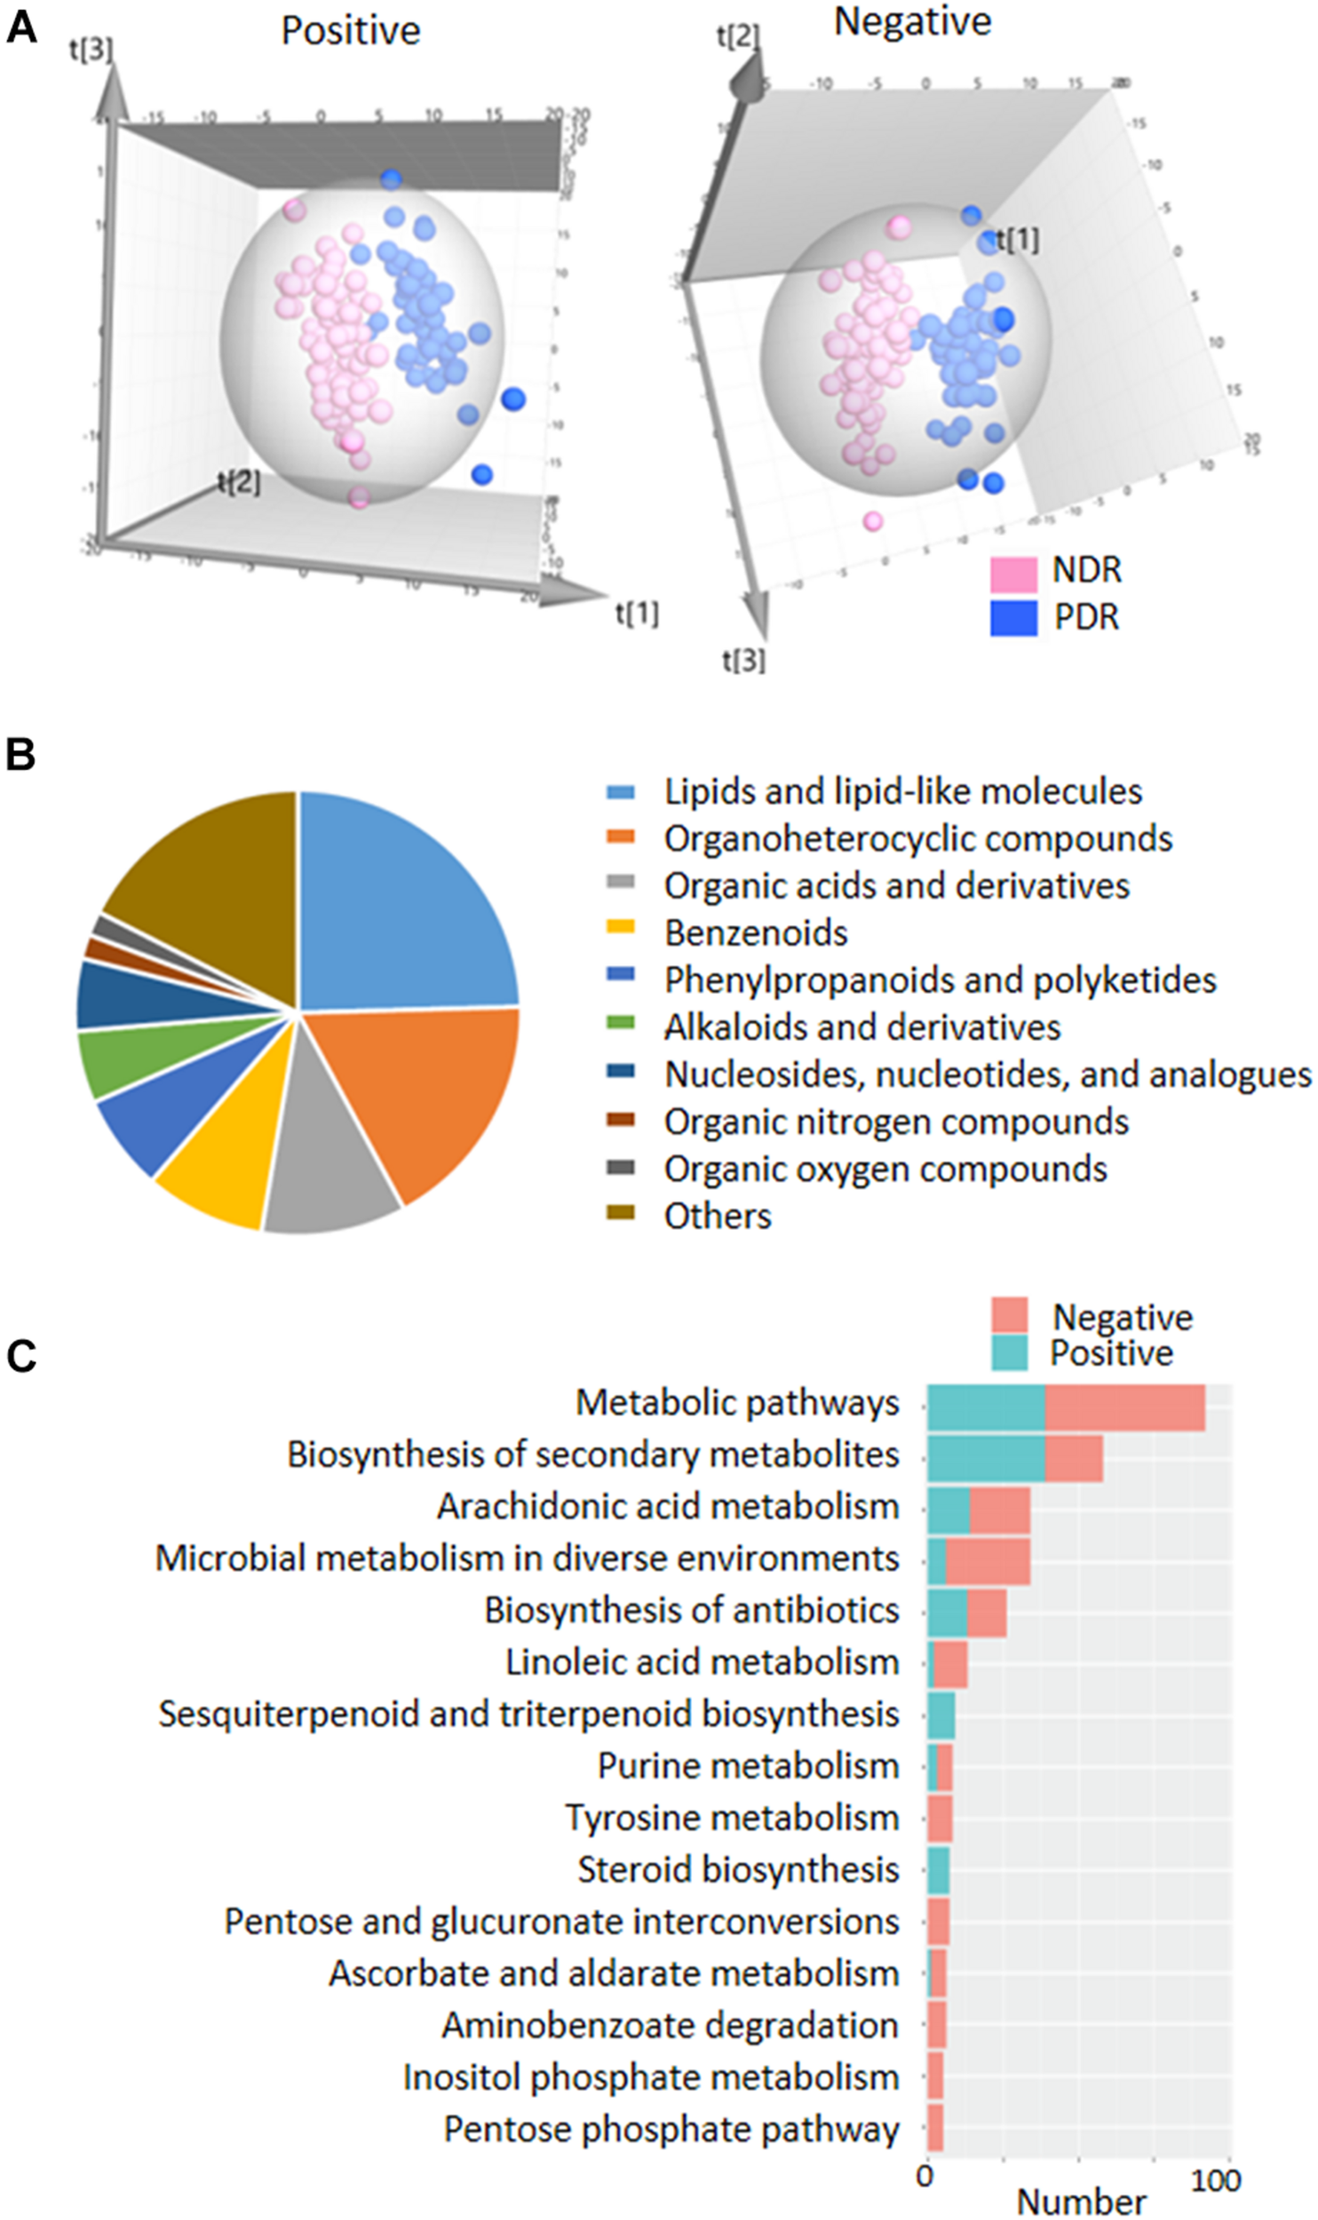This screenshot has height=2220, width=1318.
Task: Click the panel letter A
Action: coord(21,28)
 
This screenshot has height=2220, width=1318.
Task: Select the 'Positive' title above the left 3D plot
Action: coord(351,31)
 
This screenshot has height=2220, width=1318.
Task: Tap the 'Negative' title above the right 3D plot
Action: coord(912,22)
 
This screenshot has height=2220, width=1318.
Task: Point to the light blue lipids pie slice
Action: coord(400,915)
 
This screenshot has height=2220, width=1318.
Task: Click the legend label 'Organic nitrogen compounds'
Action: coord(896,1122)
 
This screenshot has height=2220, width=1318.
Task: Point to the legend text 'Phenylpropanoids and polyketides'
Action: coord(940,980)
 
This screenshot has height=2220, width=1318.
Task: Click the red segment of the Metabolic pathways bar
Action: coord(1124,1407)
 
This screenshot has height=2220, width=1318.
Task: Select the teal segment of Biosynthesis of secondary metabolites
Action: coord(986,1458)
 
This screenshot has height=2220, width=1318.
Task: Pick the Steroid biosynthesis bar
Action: coord(939,1870)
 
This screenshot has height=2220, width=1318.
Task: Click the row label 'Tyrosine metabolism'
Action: coord(733,1818)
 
